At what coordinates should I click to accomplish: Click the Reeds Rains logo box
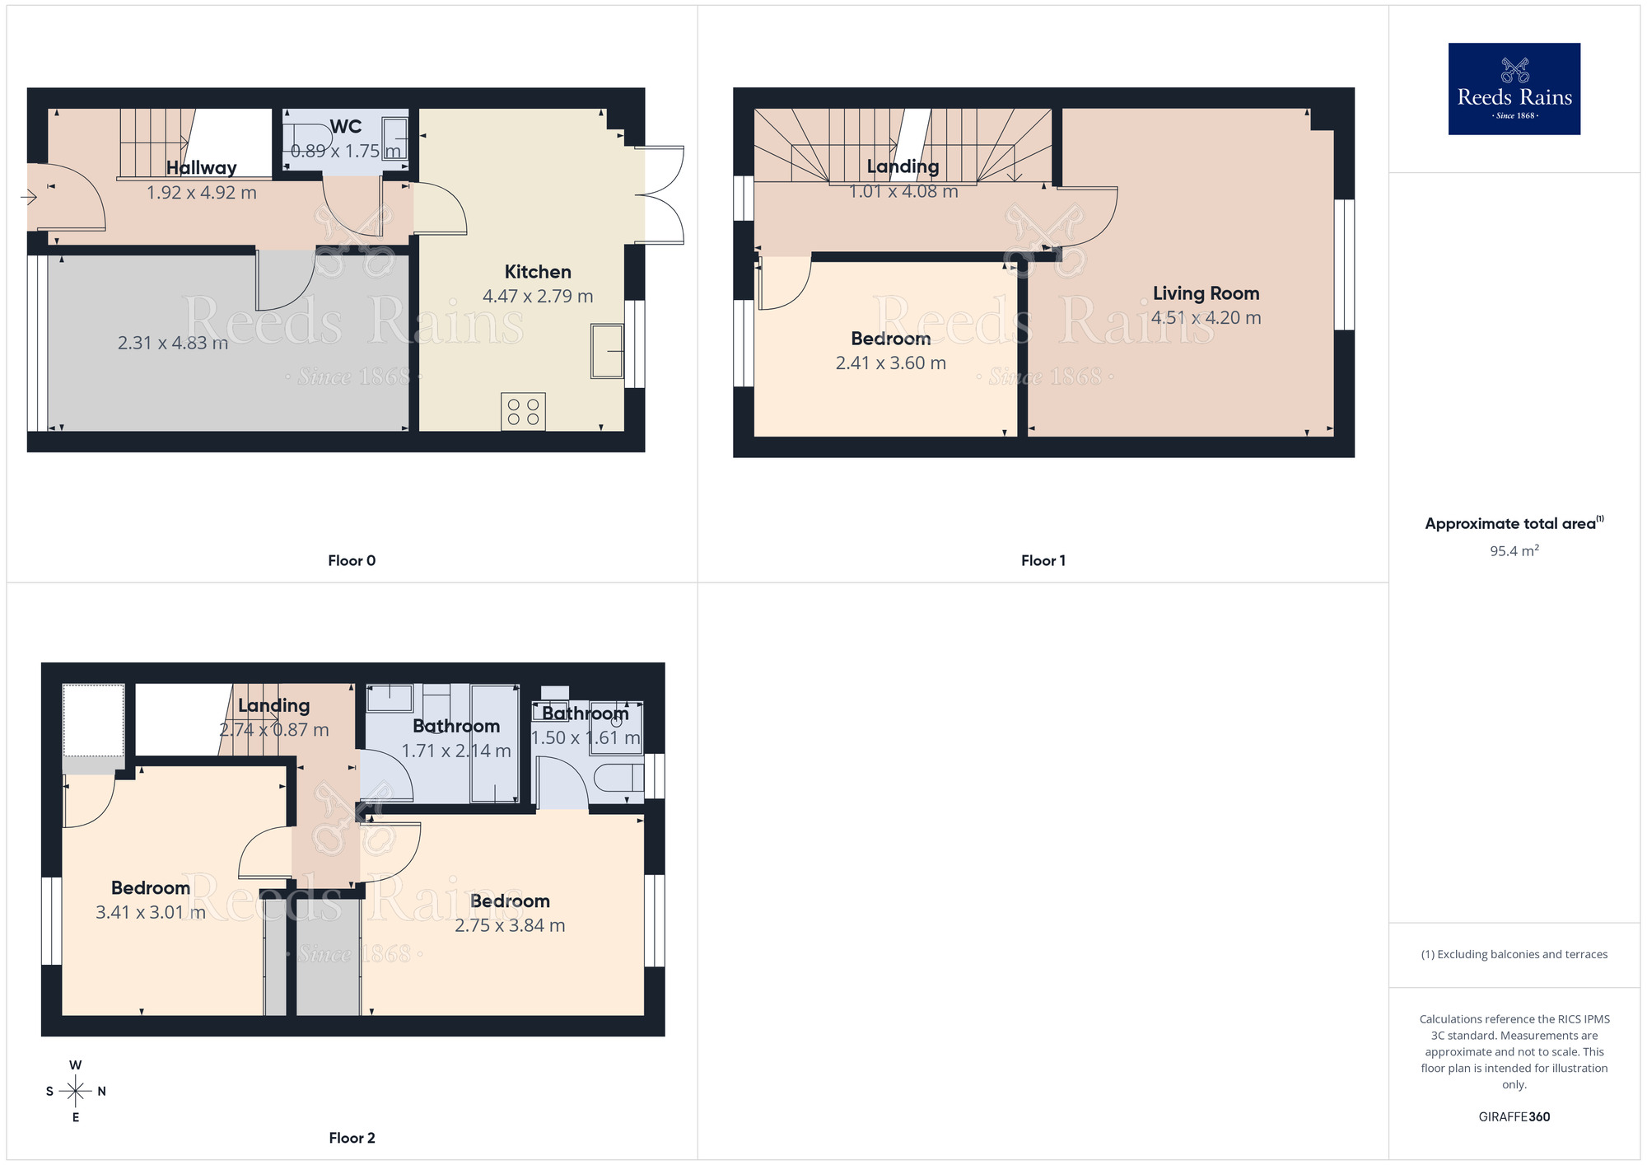[1514, 88]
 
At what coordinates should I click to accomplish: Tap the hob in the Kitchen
[523, 412]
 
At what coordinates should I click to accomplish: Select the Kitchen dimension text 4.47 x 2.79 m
[538, 297]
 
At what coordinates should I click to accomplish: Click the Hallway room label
[202, 168]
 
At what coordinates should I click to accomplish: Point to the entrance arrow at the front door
[29, 197]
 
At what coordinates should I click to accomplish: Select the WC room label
[345, 127]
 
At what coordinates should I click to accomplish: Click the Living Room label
[1206, 293]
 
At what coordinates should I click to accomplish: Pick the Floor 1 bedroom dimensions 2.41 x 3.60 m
[890, 363]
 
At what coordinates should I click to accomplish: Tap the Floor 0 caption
[352, 561]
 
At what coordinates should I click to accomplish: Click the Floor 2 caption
[352, 1138]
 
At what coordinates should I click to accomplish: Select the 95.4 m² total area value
[1514, 551]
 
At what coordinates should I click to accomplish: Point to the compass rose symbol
[76, 1092]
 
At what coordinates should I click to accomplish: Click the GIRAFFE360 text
[1514, 1117]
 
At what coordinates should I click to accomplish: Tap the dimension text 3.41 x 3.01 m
[151, 913]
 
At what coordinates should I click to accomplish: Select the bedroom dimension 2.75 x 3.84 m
[510, 926]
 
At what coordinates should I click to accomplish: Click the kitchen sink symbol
[607, 351]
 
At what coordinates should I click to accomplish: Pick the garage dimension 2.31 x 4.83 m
[173, 344]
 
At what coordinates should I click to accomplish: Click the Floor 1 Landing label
[903, 167]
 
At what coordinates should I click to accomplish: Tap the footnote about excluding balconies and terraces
[1514, 955]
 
